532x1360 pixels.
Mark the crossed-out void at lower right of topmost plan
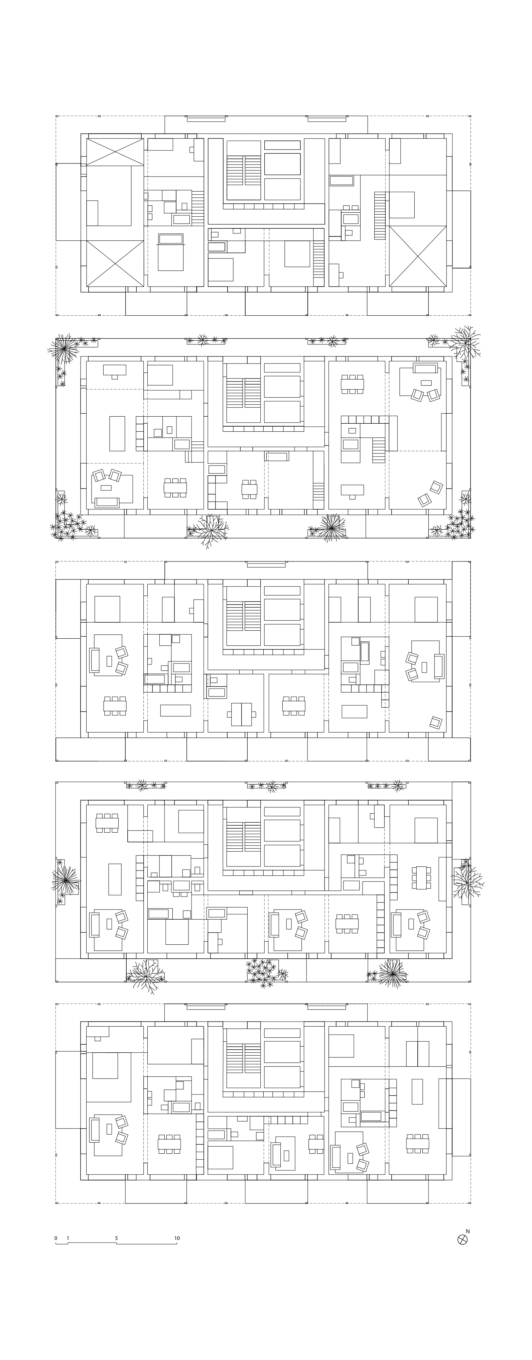[x=418, y=256]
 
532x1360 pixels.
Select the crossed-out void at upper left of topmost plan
[x=115, y=152]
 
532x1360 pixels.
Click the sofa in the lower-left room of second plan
[x=107, y=502]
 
